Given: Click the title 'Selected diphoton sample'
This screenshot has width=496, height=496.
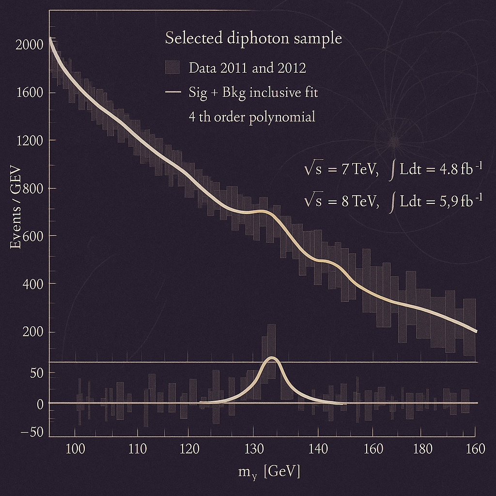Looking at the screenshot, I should (x=253, y=38).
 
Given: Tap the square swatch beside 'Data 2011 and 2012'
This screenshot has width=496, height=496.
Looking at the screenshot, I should (x=172, y=67).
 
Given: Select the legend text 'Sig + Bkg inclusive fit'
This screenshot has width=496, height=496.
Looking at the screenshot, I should (x=253, y=93).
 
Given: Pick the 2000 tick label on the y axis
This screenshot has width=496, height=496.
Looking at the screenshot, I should (x=30, y=46).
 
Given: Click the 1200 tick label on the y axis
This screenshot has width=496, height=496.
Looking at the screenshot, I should (x=30, y=140).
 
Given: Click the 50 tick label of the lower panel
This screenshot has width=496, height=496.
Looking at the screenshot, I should (x=36, y=373).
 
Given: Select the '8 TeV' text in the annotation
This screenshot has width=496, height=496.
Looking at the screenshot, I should (x=359, y=201).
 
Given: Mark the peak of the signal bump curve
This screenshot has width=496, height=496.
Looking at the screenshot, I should (x=272, y=358).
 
